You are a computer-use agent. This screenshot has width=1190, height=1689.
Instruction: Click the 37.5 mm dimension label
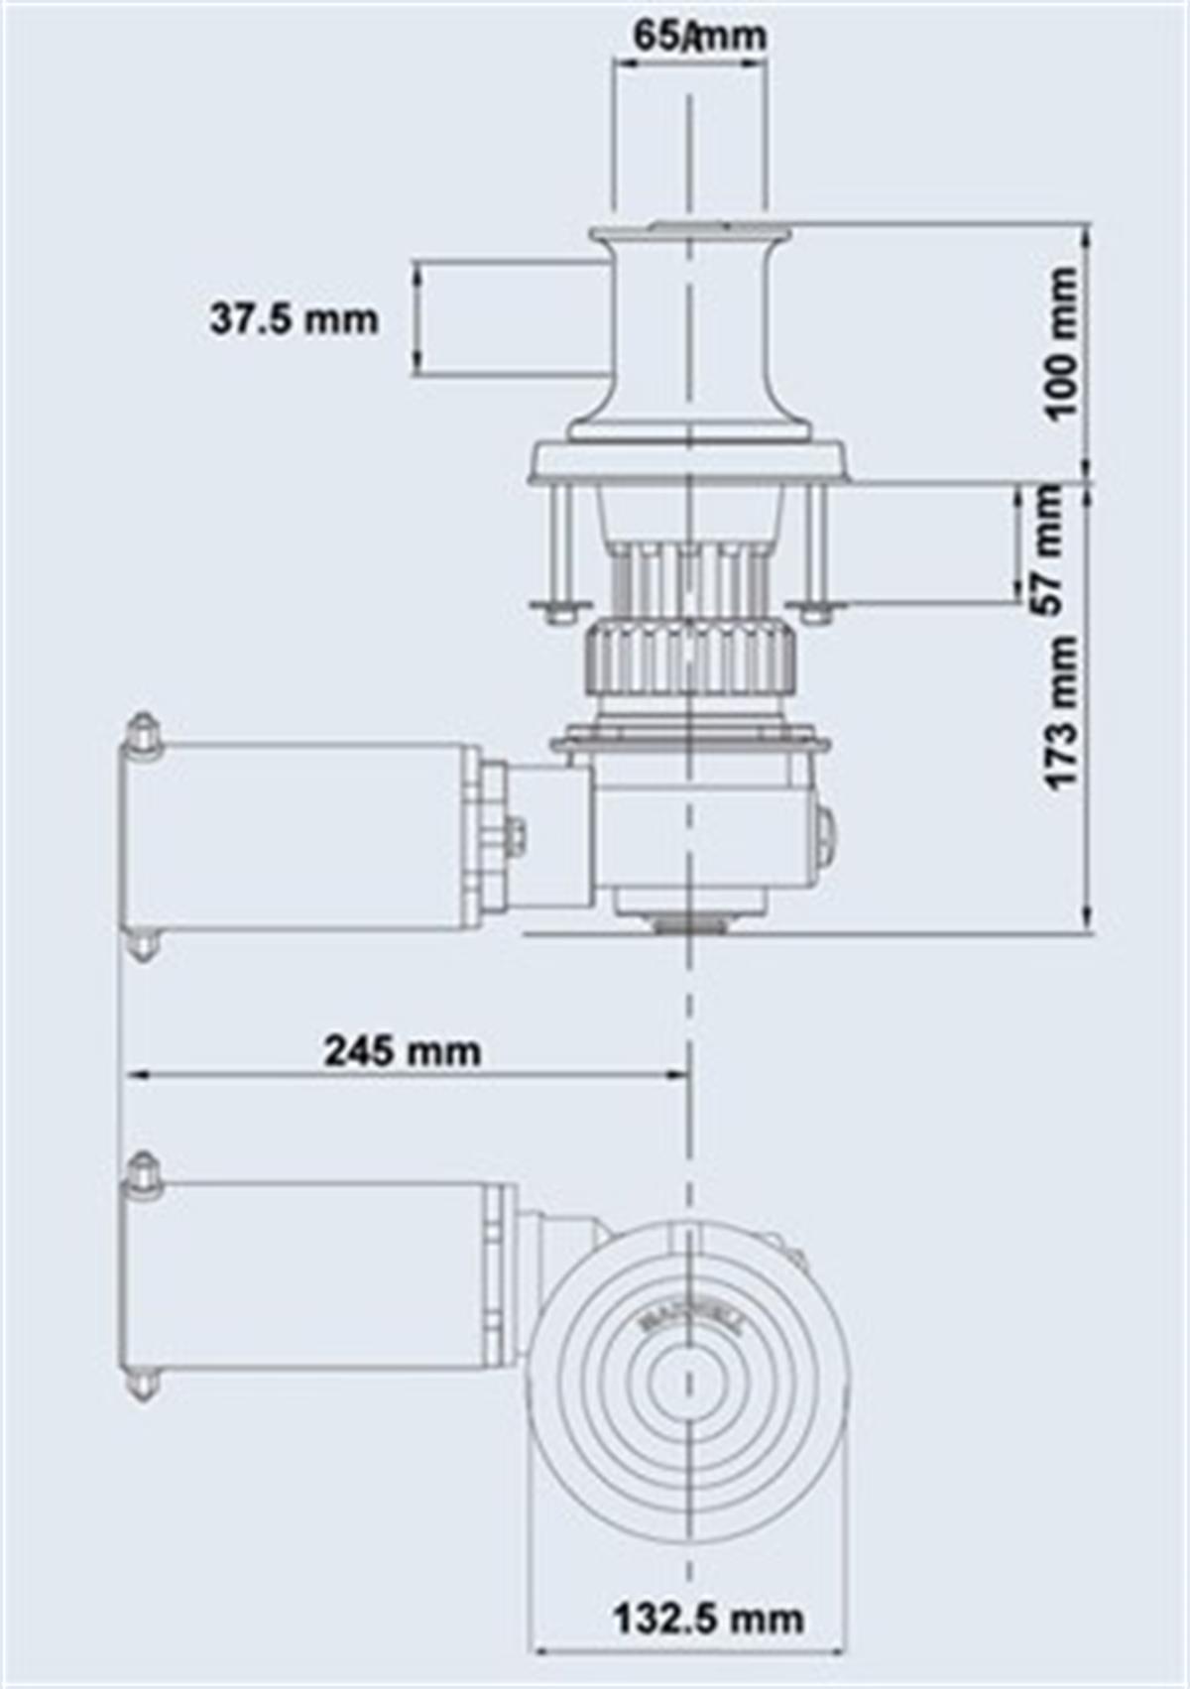[x=294, y=319]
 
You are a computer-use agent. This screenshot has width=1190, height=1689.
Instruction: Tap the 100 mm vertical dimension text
[x=1062, y=342]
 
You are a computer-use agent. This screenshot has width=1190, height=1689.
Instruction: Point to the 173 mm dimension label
[x=1062, y=712]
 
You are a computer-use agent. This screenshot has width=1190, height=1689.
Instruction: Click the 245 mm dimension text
[x=402, y=1050]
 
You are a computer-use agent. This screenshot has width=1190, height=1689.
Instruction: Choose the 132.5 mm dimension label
[x=708, y=1620]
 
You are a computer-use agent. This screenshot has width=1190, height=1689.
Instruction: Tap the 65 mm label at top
[x=699, y=37]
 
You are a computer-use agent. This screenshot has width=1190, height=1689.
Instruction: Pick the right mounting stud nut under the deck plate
[x=816, y=609]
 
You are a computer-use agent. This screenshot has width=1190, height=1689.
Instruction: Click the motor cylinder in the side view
[x=297, y=835]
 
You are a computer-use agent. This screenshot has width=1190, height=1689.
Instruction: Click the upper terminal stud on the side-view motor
[x=143, y=734]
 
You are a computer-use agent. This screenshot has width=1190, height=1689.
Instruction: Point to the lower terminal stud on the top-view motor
[x=144, y=1382]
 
